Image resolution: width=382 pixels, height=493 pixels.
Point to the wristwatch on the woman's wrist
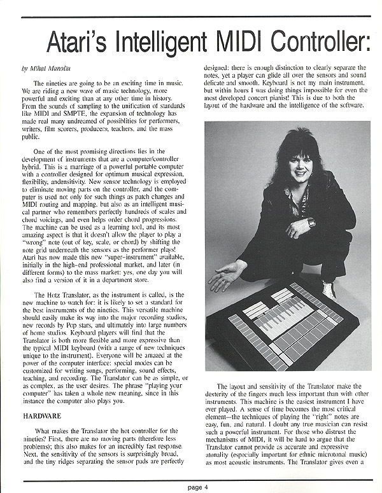tap(311, 223)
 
